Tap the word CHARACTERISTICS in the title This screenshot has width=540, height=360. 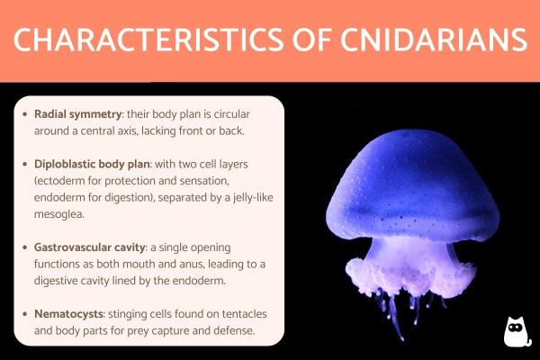click(x=144, y=40)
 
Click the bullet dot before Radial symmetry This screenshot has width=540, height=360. click(x=25, y=115)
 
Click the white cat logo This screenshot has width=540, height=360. click(x=516, y=332)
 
